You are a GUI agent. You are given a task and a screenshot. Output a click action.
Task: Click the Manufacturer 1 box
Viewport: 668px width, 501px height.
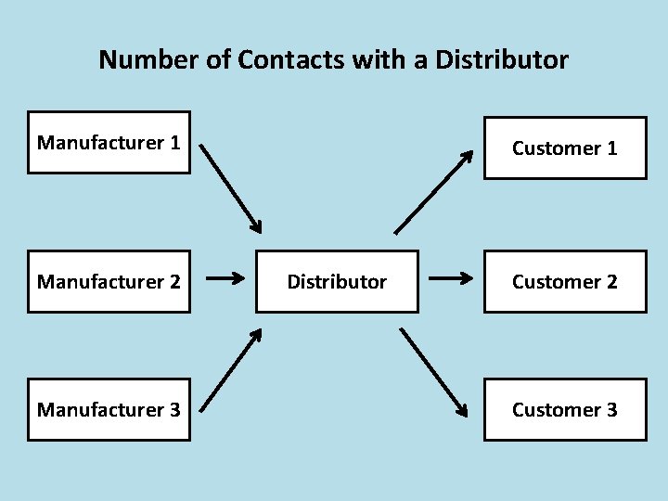(109, 143)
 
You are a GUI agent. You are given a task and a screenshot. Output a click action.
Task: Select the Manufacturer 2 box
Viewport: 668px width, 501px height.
(109, 281)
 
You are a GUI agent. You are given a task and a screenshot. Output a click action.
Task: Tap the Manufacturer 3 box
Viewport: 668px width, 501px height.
(109, 409)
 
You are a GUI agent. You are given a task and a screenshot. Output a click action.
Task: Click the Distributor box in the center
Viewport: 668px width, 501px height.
(337, 281)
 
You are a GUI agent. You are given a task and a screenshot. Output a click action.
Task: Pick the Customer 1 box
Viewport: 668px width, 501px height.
(564, 148)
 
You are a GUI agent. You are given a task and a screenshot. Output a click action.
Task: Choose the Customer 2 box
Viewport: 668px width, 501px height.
(564, 281)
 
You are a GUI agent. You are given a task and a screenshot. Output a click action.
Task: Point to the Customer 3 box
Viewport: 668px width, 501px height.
(564, 409)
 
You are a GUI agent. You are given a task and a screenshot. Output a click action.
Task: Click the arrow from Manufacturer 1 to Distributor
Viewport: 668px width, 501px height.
(231, 187)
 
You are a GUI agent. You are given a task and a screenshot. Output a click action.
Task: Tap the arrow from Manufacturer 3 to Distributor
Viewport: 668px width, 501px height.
(231, 367)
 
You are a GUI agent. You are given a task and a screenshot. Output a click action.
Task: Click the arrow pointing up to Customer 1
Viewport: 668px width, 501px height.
(433, 192)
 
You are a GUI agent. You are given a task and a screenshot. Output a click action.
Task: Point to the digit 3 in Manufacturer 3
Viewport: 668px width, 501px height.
(174, 409)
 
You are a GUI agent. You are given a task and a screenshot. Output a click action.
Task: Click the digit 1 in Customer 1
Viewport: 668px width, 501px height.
(611, 148)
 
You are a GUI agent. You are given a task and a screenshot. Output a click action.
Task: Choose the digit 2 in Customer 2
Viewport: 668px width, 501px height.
(611, 281)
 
